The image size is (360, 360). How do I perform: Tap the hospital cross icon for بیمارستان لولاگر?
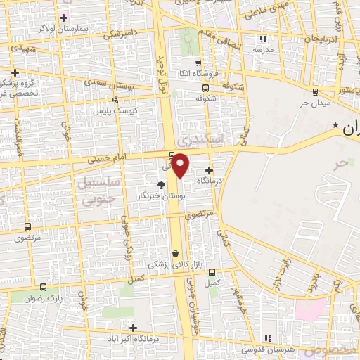pyautogui.click(x=64, y=17)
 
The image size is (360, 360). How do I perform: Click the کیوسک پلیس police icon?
pyautogui.click(x=98, y=110)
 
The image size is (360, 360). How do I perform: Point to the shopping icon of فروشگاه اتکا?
pyautogui.click(x=198, y=63)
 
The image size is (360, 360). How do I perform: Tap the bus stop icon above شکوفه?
pyautogui.click(x=205, y=89)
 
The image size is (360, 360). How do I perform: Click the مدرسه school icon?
pyautogui.click(x=264, y=39)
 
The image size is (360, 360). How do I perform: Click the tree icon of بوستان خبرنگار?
pyautogui.click(x=162, y=185)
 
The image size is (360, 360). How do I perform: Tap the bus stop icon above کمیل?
pyautogui.click(x=212, y=272)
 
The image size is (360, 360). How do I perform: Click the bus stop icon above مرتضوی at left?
pyautogui.click(x=27, y=227)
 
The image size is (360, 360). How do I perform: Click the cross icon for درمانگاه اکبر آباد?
pyautogui.click(x=133, y=328)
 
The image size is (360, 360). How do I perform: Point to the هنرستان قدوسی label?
pyautogui.click(x=265, y=349)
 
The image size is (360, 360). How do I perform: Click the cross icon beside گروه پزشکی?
pyautogui.click(x=15, y=72)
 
